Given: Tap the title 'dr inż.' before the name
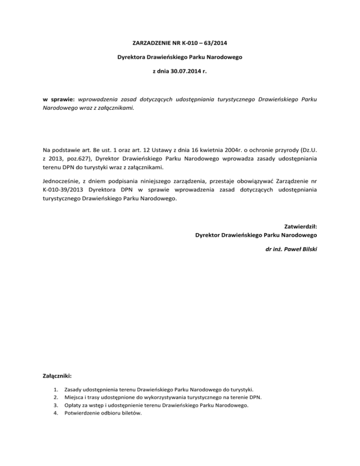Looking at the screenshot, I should (274, 249).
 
